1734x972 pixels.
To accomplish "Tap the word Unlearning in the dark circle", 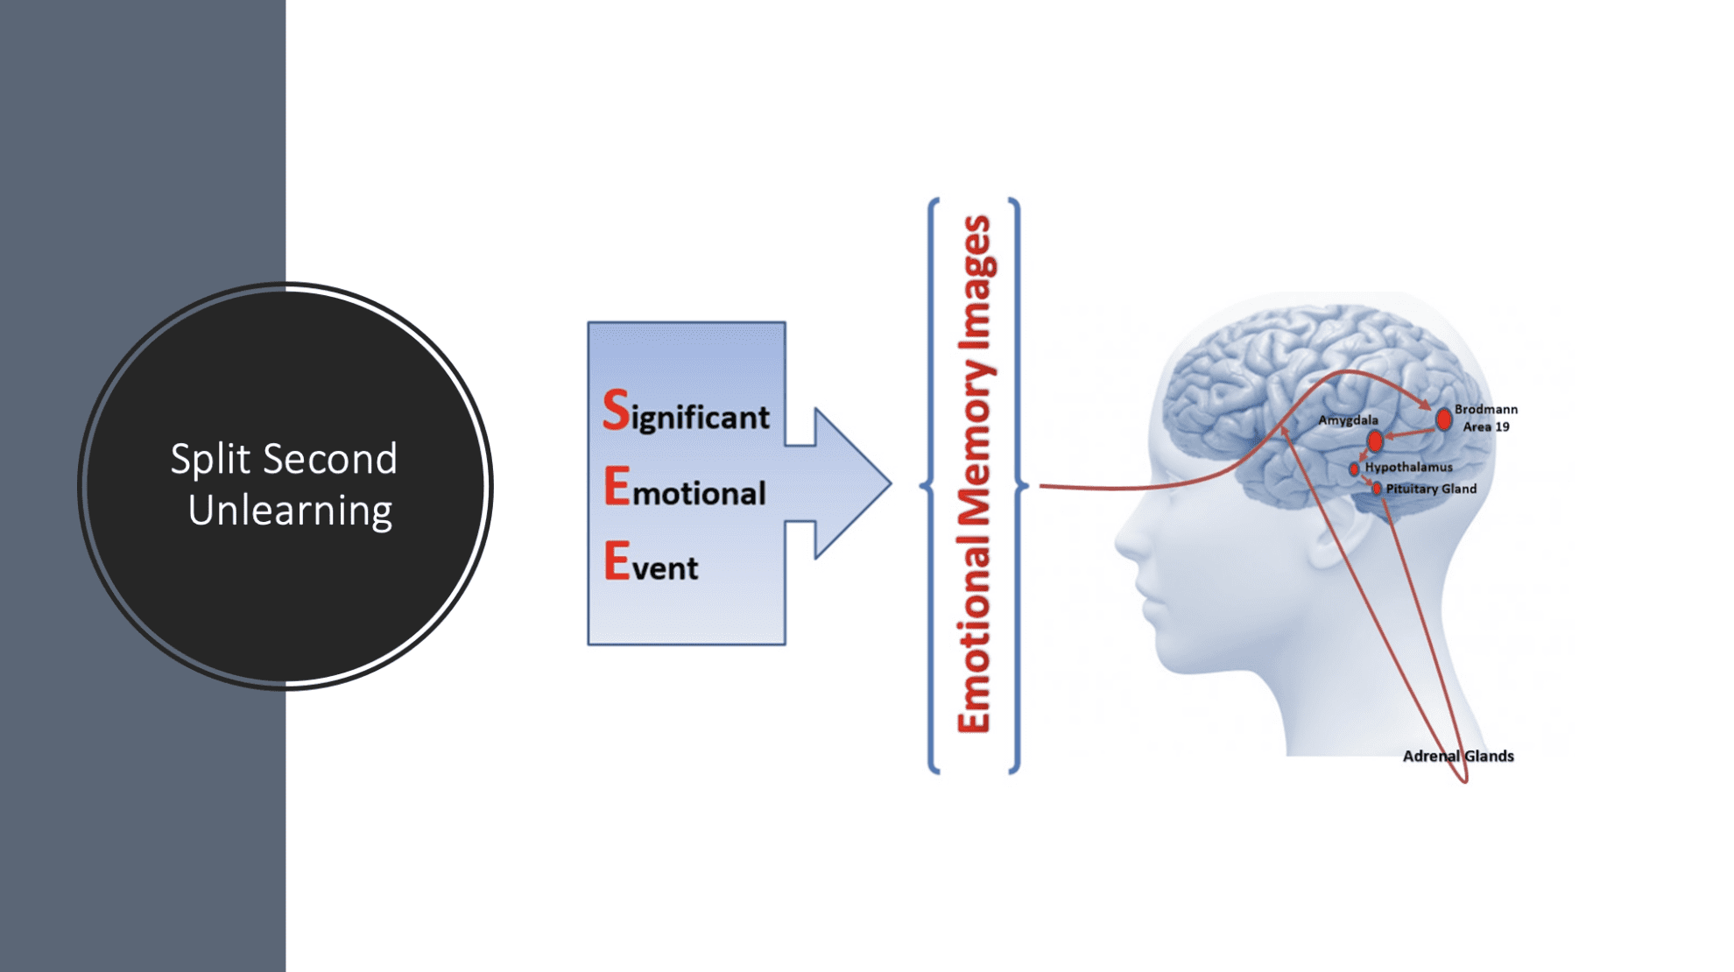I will pos(290,511).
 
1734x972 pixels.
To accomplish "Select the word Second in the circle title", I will pos(330,459).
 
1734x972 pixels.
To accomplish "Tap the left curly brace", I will pos(931,486).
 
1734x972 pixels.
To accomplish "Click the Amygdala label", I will pos(1348,420).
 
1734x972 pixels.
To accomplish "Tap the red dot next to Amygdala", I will pos(1375,440).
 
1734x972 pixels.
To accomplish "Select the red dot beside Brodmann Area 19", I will pos(1443,420).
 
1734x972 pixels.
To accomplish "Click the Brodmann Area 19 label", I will pos(1486,418).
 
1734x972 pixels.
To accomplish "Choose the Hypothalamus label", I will pos(1408,467).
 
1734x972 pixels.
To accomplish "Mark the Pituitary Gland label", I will pos(1431,489).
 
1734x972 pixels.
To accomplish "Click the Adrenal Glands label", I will pos(1458,756).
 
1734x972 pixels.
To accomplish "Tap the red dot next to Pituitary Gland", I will pos(1377,489).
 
